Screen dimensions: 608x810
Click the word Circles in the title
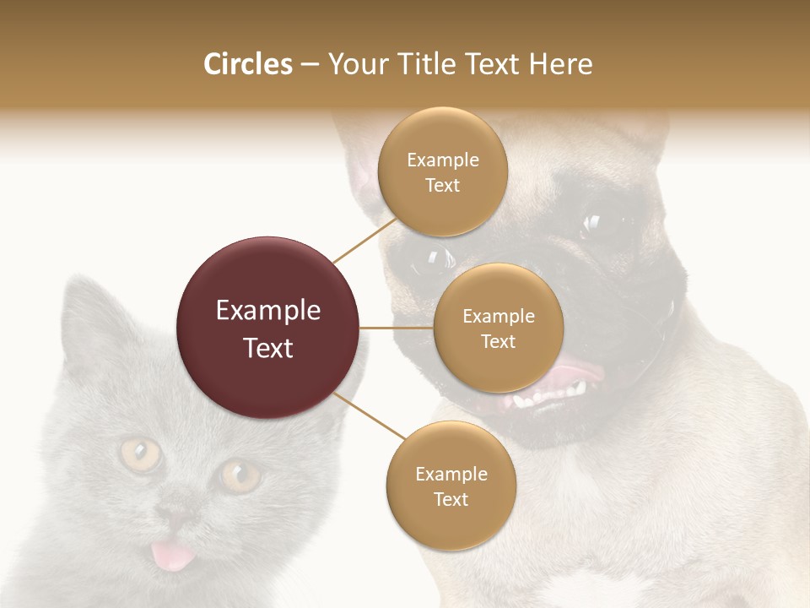[247, 64]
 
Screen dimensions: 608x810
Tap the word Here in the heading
[560, 64]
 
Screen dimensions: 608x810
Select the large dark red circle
[268, 328]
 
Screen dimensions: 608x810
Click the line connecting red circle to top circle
[365, 239]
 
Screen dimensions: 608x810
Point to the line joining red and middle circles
[397, 328]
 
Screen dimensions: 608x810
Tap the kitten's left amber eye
[140, 455]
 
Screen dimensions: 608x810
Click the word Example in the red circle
[268, 311]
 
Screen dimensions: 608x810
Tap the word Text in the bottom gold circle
[451, 499]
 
